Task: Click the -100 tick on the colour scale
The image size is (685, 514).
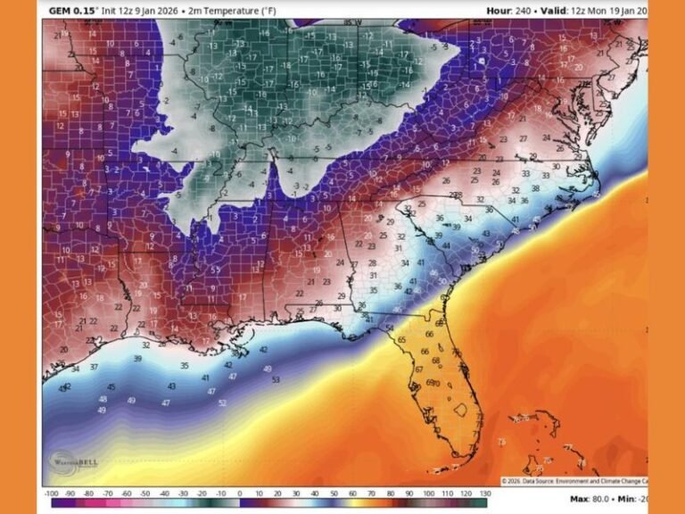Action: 51,493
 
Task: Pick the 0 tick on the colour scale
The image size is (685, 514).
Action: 240,493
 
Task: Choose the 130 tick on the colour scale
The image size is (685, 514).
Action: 485,493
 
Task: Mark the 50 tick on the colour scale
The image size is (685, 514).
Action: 334,493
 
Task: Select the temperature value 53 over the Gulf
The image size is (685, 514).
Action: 275,380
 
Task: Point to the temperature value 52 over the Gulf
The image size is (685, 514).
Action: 221,403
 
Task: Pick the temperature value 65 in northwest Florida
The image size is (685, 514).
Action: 402,340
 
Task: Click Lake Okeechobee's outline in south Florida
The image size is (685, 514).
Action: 460,410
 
